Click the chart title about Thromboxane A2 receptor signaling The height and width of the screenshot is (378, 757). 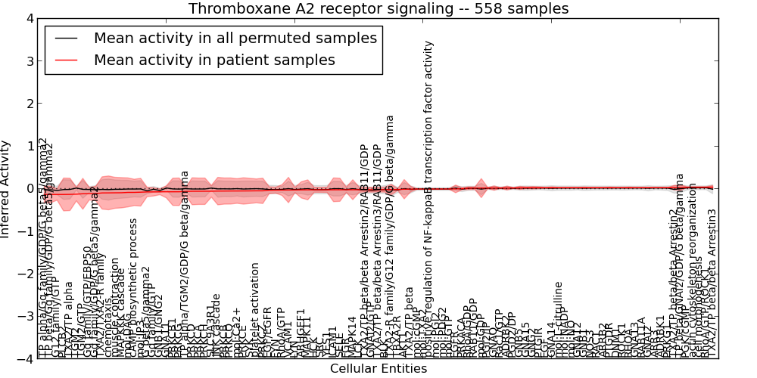pos(378,8)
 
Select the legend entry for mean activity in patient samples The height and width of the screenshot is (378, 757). pos(214,60)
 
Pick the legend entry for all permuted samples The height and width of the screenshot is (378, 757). pos(235,37)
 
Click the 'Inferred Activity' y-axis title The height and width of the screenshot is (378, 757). pos(6,188)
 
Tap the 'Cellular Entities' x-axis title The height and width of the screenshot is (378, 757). pos(378,369)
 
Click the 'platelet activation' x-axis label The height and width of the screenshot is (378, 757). pos(255,310)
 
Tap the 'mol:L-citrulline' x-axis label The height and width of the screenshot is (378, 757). pos(559,318)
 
